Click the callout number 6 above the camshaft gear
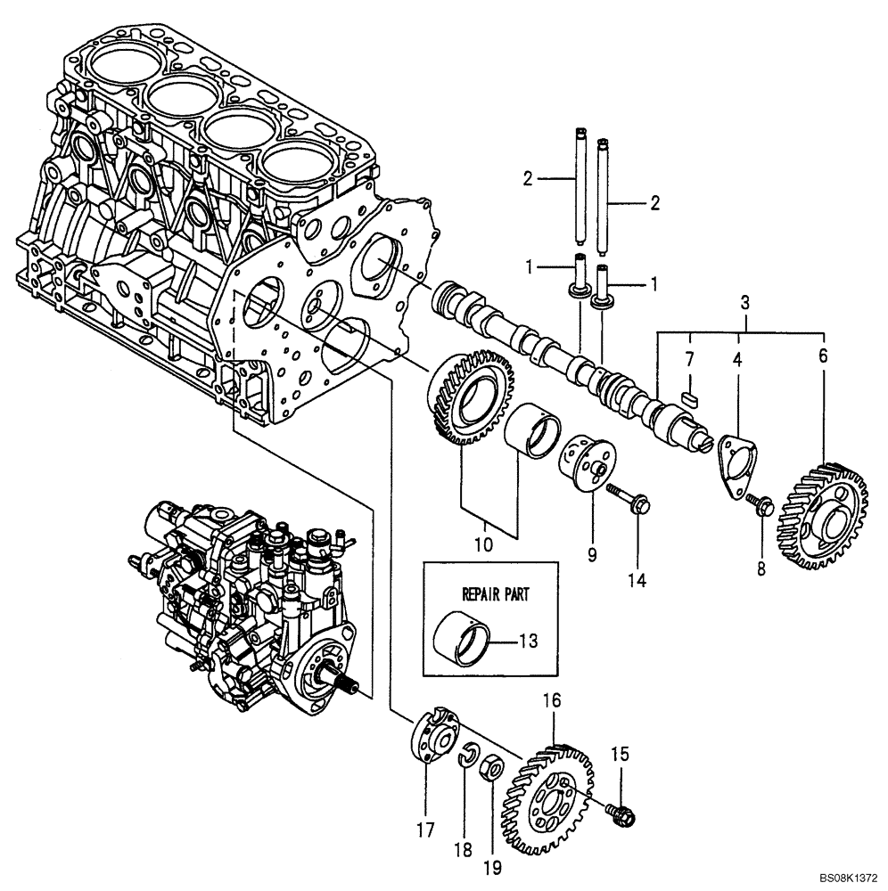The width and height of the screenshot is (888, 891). pos(821,355)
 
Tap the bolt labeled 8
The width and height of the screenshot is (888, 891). pos(761,506)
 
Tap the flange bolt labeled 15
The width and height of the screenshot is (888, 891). pos(621,813)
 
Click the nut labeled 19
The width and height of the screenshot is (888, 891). pos(491,768)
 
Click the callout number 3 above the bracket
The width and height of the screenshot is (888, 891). pos(745,304)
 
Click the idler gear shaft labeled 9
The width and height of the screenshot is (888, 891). pos(585,461)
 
